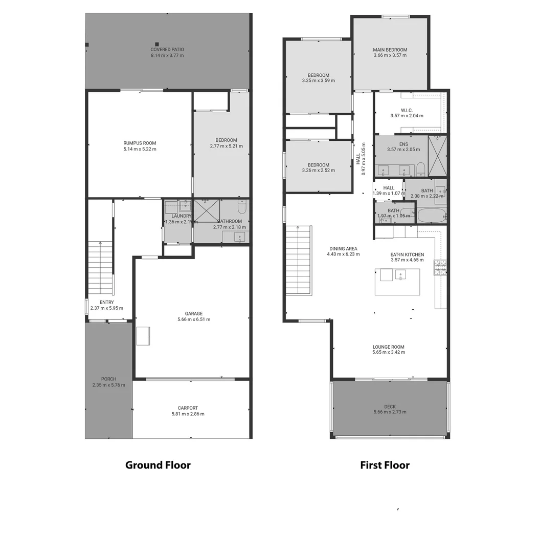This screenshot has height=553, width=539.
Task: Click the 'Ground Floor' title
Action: point(158,465)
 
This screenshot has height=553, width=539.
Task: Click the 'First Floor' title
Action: point(385,465)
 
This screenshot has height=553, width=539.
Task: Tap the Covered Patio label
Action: point(167,50)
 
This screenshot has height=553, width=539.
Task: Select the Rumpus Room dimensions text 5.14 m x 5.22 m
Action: point(140,149)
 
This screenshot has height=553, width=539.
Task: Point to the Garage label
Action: point(194,313)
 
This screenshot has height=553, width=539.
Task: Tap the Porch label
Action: point(108,379)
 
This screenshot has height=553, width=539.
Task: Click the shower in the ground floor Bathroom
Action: point(206,210)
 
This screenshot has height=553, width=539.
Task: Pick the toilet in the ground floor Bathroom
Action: point(242,206)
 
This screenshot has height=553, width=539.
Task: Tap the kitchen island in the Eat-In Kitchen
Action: point(397,282)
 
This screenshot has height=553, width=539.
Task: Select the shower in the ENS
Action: point(437,156)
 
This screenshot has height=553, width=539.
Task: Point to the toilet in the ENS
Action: point(420,169)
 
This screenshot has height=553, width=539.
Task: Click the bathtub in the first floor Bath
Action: point(432,215)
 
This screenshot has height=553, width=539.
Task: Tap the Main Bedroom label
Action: point(390,50)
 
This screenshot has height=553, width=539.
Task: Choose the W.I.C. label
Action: point(407,110)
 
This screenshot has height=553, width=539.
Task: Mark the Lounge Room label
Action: point(389,347)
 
